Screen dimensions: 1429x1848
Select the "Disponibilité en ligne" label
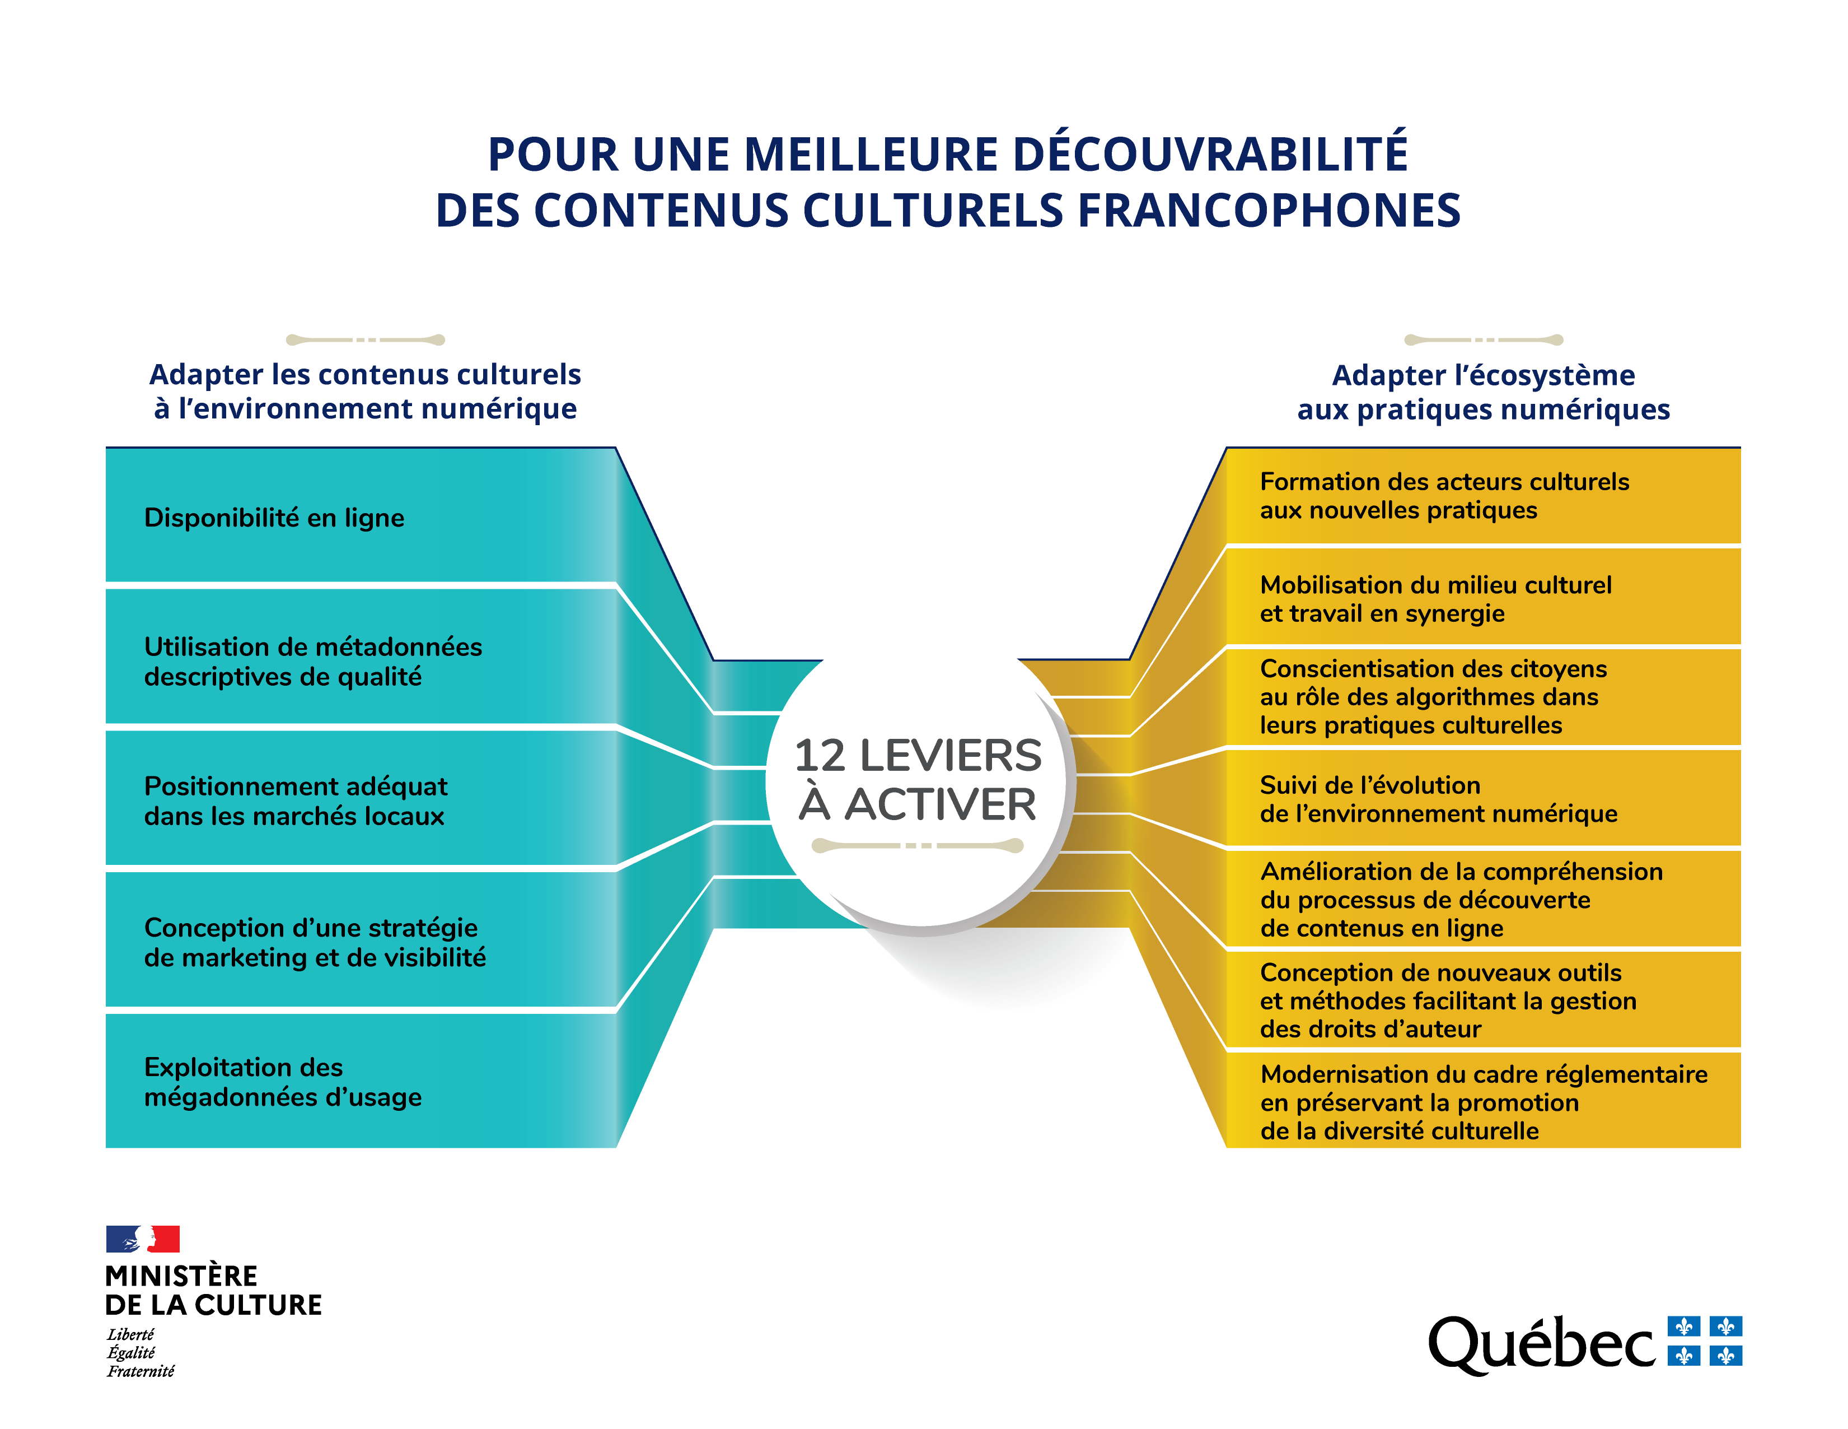pyautogui.click(x=274, y=517)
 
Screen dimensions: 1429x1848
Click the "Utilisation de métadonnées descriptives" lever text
pyautogui.click(x=312, y=661)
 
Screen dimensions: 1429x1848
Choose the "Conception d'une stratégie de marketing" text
pyautogui.click(x=314, y=942)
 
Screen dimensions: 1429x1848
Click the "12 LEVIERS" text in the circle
pyautogui.click(x=917, y=755)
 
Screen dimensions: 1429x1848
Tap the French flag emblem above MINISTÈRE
pyautogui.click(x=142, y=1239)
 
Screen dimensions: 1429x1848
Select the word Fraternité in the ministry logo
pyautogui.click(x=141, y=1371)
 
